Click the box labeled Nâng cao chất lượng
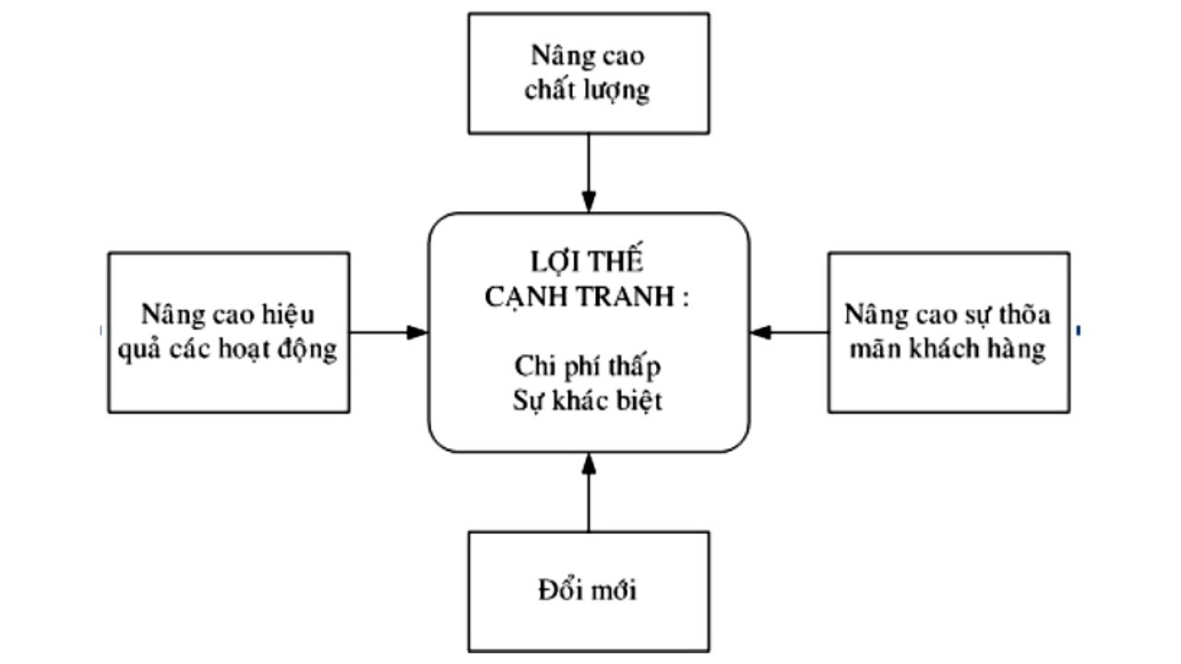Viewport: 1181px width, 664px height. click(589, 74)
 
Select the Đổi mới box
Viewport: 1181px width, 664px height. click(589, 590)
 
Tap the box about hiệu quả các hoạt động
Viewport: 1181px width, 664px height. click(229, 332)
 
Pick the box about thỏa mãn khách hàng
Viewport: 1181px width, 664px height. click(948, 332)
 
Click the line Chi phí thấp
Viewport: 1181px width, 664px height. click(589, 366)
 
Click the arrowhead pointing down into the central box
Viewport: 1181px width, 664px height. click(589, 202)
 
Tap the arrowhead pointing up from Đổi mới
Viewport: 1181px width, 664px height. click(589, 463)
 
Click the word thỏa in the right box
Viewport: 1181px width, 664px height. click(1027, 314)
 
